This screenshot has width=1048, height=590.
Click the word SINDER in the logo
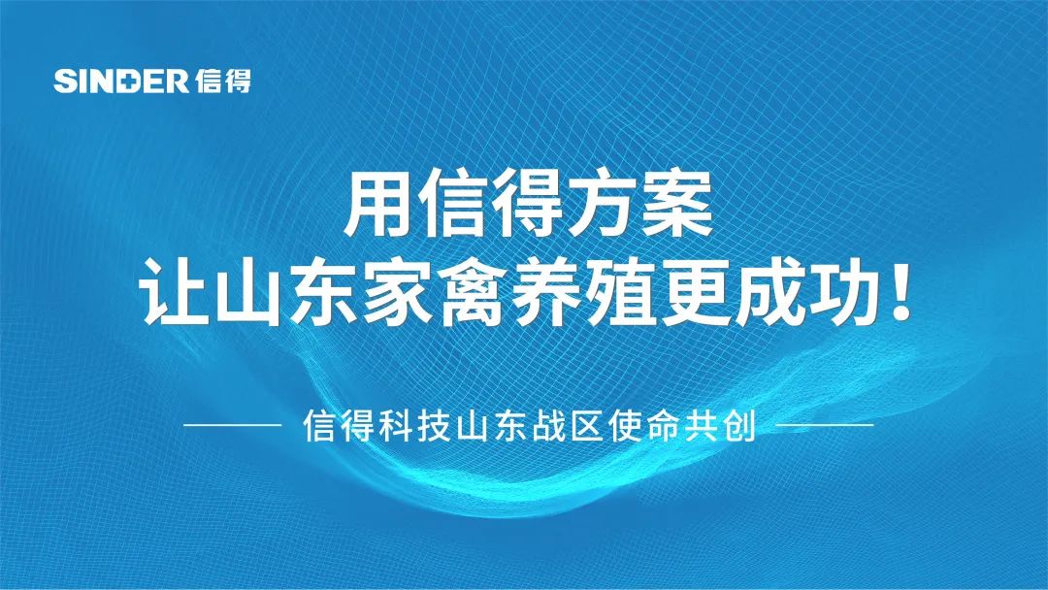(121, 81)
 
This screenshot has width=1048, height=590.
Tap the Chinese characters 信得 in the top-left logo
(224, 81)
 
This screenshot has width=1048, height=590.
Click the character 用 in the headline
(377, 203)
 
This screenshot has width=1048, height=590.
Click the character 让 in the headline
(174, 291)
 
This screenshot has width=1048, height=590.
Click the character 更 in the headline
(696, 292)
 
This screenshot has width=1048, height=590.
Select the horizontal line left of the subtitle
(233, 424)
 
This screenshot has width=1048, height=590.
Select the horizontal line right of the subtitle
(825, 424)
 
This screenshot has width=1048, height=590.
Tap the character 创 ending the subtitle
(739, 425)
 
